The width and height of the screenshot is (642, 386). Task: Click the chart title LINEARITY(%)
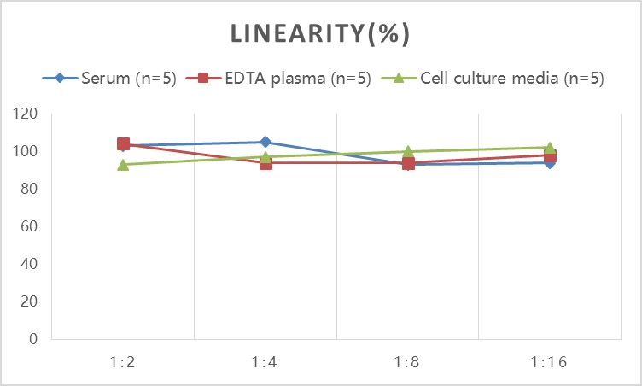click(321, 34)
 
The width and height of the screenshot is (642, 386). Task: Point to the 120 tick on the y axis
click(26, 114)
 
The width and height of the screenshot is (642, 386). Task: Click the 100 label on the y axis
click(26, 151)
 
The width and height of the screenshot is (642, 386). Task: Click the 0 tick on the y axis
click(33, 339)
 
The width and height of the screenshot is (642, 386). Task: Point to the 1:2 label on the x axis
click(123, 362)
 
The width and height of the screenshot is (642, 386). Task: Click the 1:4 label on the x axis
click(266, 362)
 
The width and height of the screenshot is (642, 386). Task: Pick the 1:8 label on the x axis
click(408, 362)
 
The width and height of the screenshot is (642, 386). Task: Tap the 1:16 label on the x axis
click(551, 362)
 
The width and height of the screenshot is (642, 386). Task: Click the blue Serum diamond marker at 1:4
click(266, 142)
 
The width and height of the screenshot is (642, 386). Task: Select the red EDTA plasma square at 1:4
click(266, 163)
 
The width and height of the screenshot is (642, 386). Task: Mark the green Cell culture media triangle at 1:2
click(123, 164)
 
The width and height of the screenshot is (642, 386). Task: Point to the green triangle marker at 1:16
click(551, 148)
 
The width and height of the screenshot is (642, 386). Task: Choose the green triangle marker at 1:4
click(266, 155)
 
